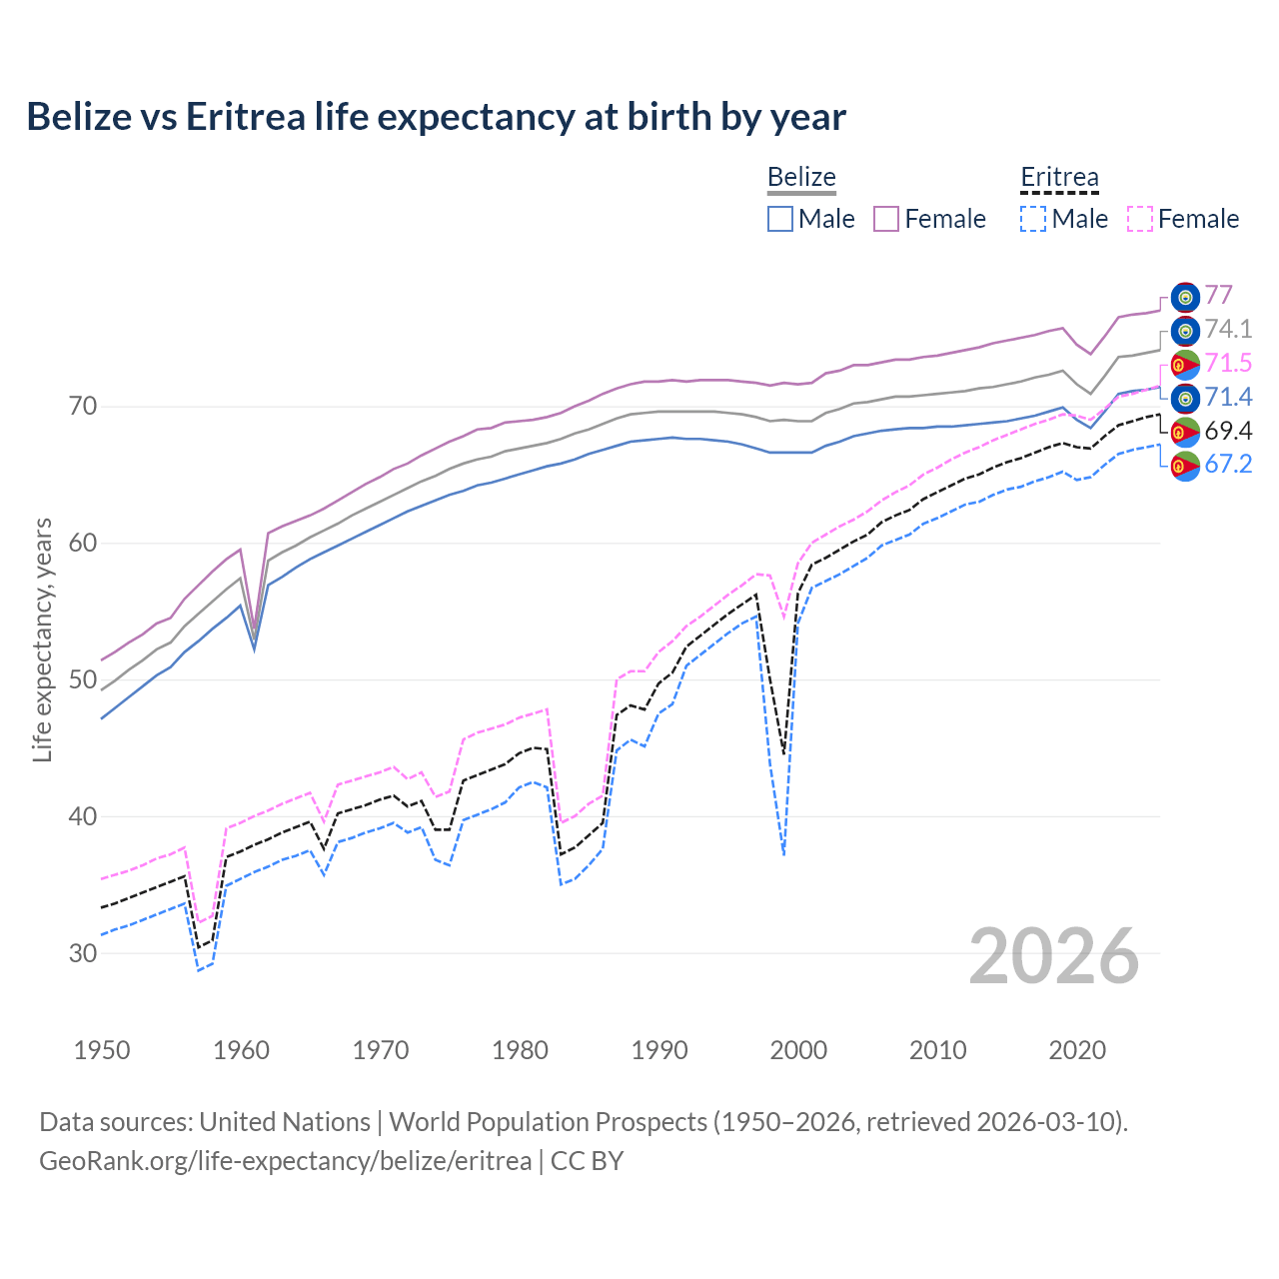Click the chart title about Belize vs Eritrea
click(436, 117)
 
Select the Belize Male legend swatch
click(780, 219)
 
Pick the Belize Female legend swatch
click(886, 219)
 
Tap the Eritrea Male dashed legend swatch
click(1033, 219)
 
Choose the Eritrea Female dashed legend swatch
click(1140, 219)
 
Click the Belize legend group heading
click(801, 178)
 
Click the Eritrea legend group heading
click(1059, 178)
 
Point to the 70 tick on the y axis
click(83, 407)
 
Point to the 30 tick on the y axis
click(83, 953)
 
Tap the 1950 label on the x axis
click(102, 1050)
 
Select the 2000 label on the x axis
click(798, 1050)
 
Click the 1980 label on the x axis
click(520, 1050)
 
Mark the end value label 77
click(1218, 295)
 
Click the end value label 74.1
click(1228, 329)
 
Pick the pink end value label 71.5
click(1228, 363)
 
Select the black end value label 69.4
click(1228, 431)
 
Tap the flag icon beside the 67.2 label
click(1185, 466)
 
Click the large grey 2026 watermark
click(1054, 956)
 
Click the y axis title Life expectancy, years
click(42, 639)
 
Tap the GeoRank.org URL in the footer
click(286, 1161)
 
